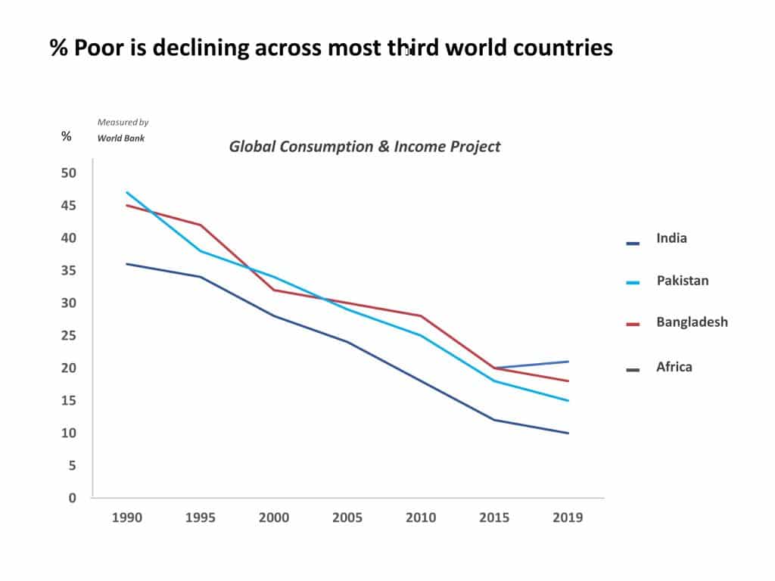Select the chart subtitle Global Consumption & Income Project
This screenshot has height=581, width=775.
pyautogui.click(x=364, y=146)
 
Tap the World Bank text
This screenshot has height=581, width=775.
pyautogui.click(x=120, y=138)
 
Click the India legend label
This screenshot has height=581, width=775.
pyautogui.click(x=671, y=238)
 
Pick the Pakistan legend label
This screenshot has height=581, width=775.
pyautogui.click(x=682, y=281)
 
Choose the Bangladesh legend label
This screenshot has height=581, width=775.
pyautogui.click(x=692, y=322)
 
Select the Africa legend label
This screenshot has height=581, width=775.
pyautogui.click(x=674, y=368)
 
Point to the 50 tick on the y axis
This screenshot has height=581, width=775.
pyautogui.click(x=69, y=172)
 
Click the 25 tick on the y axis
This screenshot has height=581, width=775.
pyautogui.click(x=69, y=336)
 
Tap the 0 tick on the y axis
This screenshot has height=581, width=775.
pyautogui.click(x=73, y=499)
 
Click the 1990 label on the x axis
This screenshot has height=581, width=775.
pyautogui.click(x=126, y=518)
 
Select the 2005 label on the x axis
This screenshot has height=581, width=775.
pyautogui.click(x=347, y=518)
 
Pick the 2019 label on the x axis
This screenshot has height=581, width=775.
pyautogui.click(x=568, y=518)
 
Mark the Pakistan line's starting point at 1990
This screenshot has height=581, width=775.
pyautogui.click(x=126, y=192)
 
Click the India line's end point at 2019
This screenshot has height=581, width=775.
pyautogui.click(x=568, y=433)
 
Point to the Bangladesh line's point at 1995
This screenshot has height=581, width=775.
pyautogui.click(x=200, y=225)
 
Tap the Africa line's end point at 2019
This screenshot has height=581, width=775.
pyautogui.click(x=568, y=362)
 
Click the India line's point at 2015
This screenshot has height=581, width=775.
pyautogui.click(x=494, y=420)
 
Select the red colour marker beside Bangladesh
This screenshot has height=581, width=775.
pyautogui.click(x=633, y=324)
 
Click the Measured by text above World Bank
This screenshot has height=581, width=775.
pyautogui.click(x=123, y=122)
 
